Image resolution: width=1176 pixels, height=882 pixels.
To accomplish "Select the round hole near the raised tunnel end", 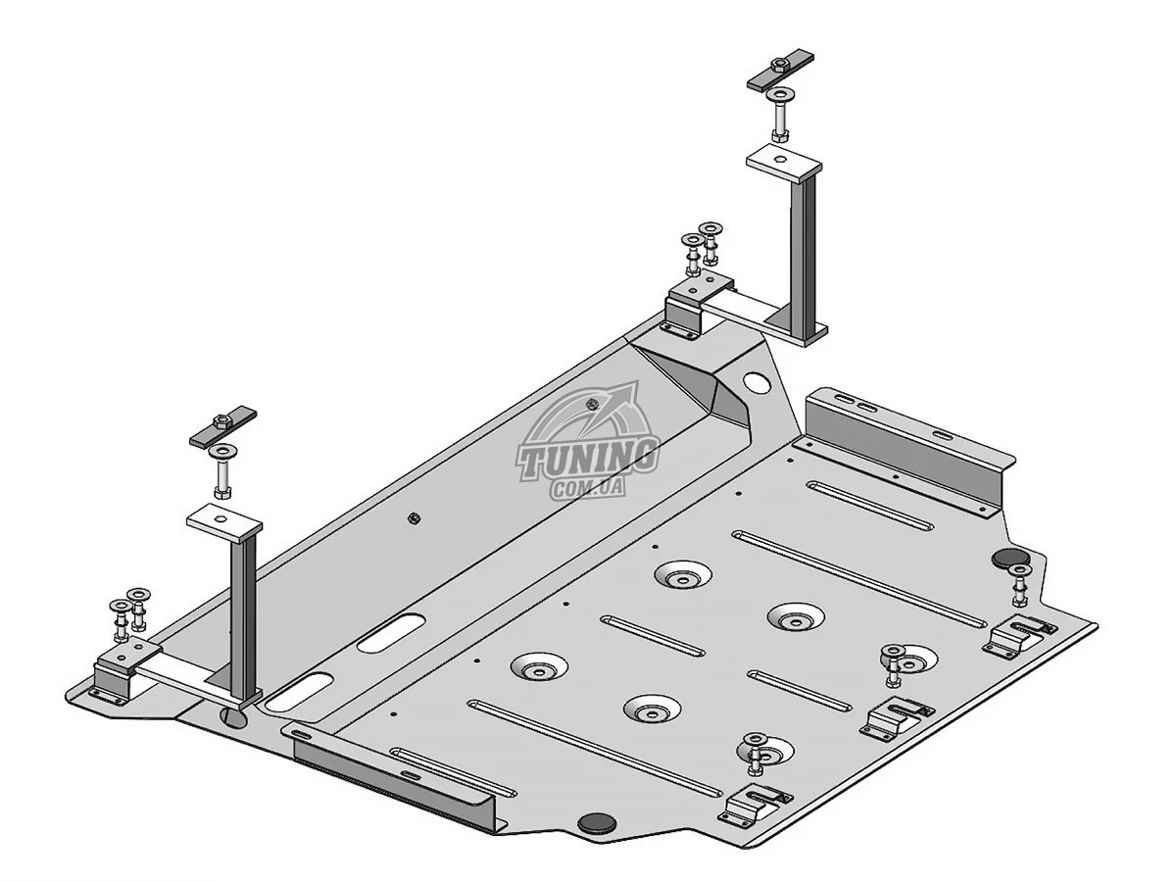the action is point(757,382).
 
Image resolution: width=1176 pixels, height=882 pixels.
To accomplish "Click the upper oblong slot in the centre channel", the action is point(391,633).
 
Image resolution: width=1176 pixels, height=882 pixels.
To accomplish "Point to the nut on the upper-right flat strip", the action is point(776,65).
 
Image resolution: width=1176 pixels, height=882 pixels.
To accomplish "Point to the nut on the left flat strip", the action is point(220,421).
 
